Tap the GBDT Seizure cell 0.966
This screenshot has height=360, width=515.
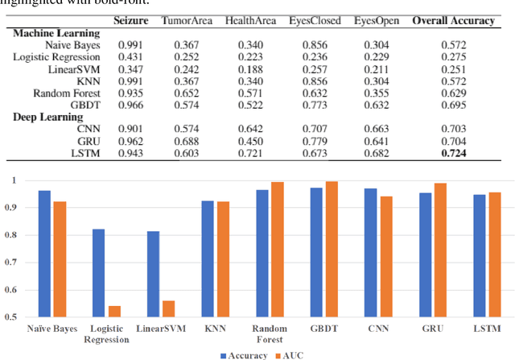point(130,106)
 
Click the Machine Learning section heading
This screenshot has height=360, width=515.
point(56,33)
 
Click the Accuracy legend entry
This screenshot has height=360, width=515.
point(241,354)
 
